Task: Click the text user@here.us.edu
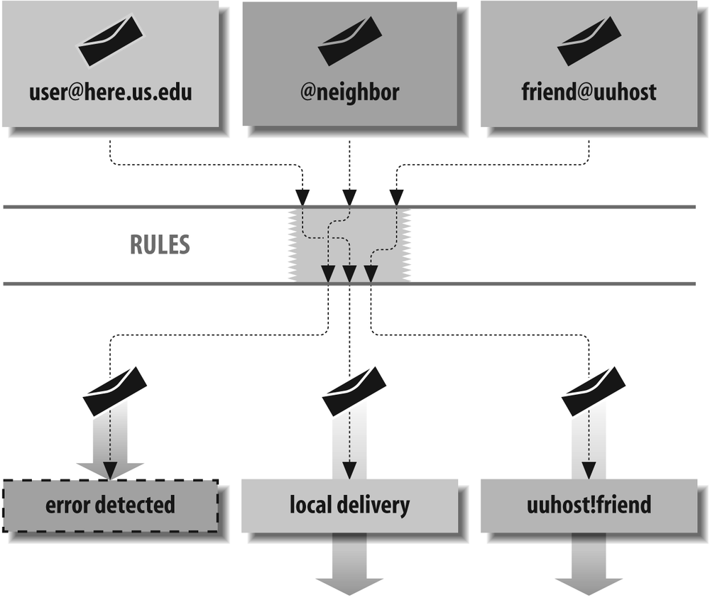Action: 110,93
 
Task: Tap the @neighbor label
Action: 349,93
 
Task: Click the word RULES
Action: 160,245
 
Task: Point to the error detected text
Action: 109,505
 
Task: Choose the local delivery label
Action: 349,505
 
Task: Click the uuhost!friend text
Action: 589,505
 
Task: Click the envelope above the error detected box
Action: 115,391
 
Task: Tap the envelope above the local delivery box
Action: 354,391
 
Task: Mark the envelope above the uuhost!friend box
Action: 594,391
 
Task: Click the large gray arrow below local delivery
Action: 349,565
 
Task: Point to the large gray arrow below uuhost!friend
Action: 589,565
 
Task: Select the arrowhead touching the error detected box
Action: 110,470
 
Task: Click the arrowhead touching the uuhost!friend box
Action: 589,470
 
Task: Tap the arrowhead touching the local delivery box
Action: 349,470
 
